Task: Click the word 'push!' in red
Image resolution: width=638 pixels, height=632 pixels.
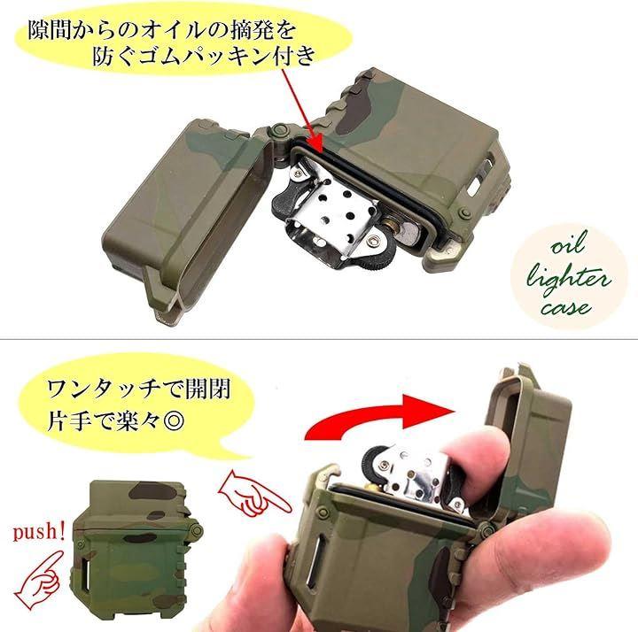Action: [x=39, y=531]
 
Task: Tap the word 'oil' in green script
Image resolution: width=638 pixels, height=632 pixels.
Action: [x=569, y=243]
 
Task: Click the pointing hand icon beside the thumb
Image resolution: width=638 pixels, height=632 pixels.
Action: [x=254, y=493]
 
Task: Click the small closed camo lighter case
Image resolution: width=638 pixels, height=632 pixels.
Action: [x=136, y=551]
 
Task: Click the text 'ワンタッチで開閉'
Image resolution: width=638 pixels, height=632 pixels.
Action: [x=138, y=389]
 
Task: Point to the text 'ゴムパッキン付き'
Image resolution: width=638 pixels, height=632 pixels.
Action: [x=204, y=55]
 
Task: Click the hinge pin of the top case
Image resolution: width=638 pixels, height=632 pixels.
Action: [x=279, y=130]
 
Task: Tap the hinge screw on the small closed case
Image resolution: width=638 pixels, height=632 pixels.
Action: [x=197, y=530]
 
